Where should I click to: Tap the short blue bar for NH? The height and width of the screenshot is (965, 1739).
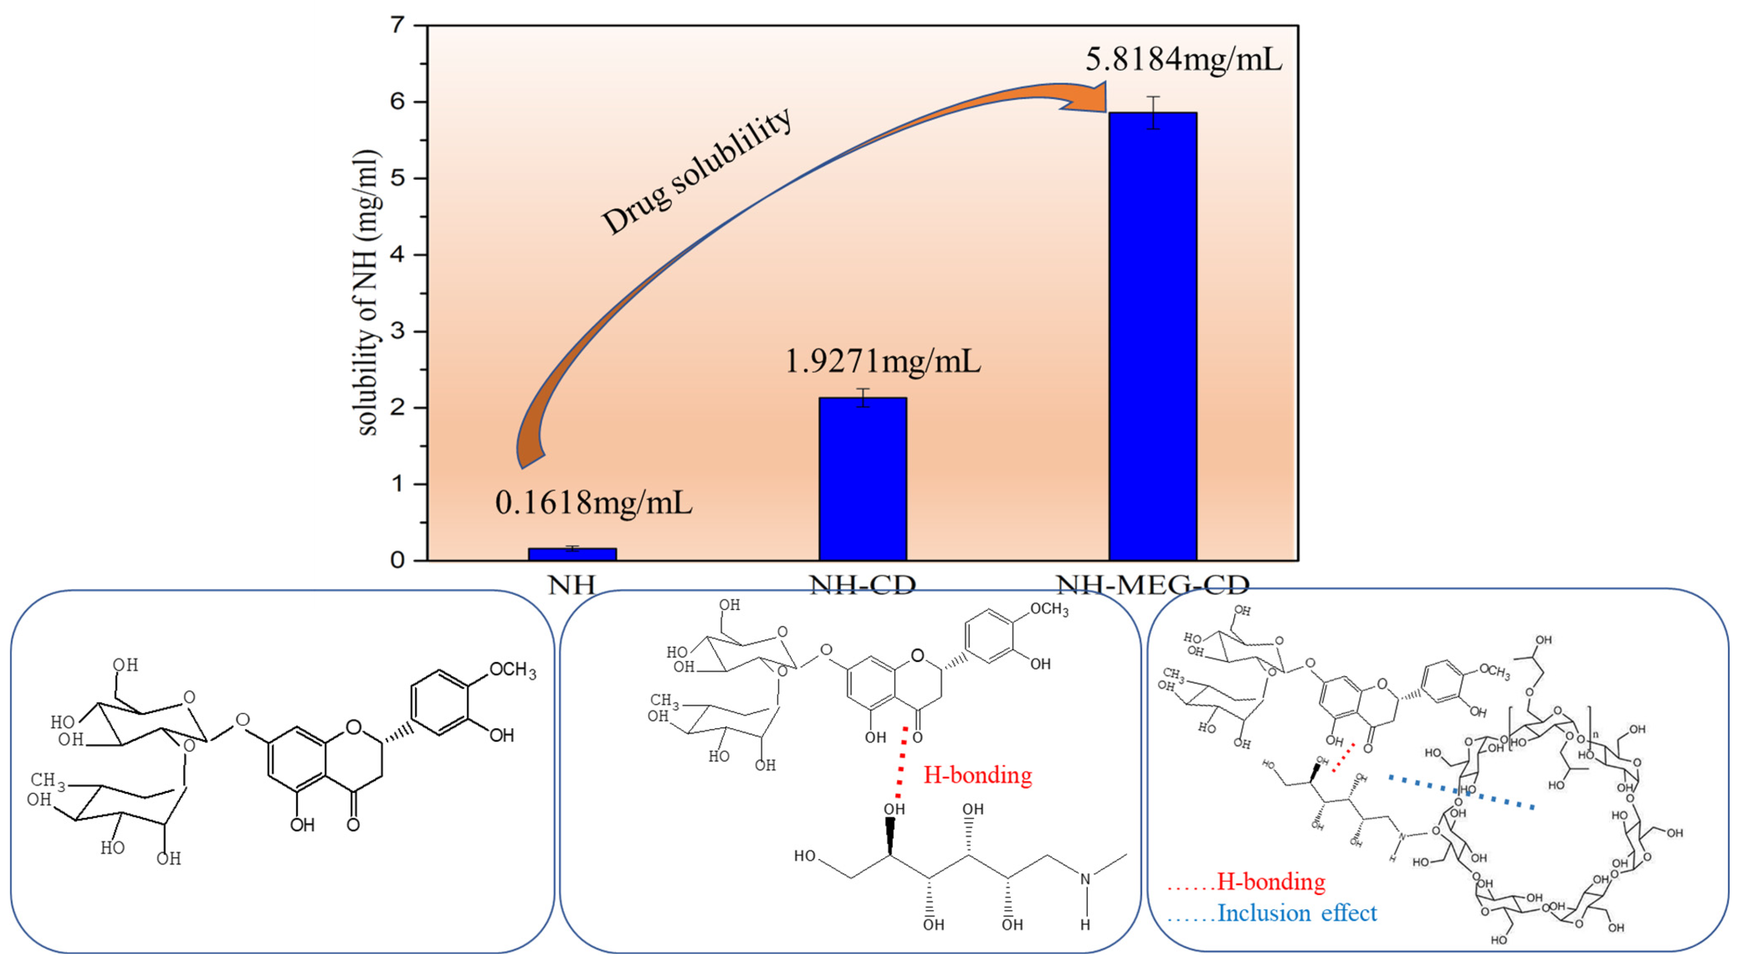click(572, 554)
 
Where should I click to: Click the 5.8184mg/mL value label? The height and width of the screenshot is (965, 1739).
click(1183, 60)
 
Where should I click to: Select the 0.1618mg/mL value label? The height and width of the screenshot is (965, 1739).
click(593, 502)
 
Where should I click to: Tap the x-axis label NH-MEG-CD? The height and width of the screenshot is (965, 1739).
click(1152, 585)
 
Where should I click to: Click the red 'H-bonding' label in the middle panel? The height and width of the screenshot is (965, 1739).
click(977, 775)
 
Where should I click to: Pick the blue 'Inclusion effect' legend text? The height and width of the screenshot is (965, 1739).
click(1296, 913)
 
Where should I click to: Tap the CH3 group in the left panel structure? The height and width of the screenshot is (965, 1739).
click(47, 781)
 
